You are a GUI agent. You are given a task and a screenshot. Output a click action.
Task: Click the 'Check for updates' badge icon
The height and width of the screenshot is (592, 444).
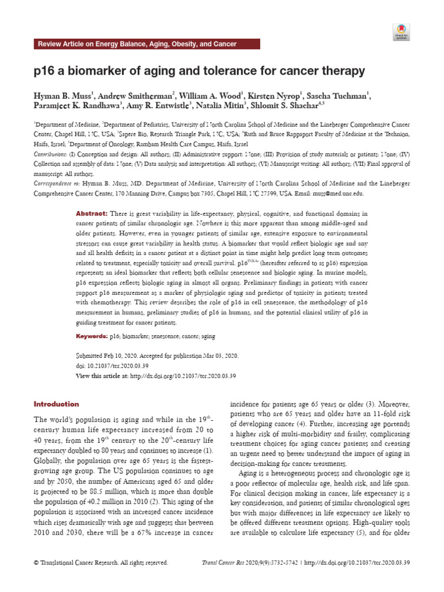point(401,31)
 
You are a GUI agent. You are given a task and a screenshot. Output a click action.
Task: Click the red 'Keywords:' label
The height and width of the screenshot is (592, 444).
point(92,336)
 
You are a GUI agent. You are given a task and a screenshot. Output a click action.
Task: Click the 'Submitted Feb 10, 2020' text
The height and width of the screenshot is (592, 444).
point(114,357)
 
